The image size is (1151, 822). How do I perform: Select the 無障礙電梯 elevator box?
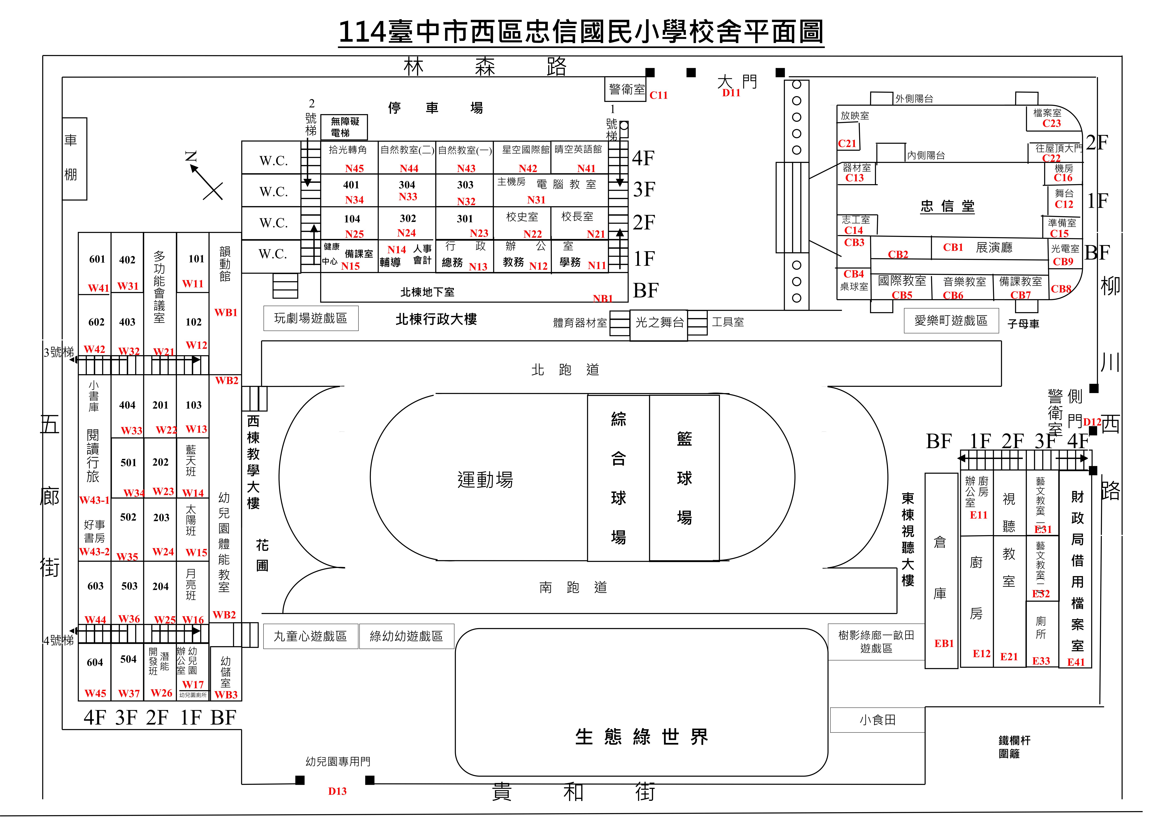(x=344, y=127)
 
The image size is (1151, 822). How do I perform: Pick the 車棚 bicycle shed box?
(x=74, y=158)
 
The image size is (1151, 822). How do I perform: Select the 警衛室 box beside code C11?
(x=626, y=90)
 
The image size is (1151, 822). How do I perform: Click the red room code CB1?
(x=953, y=248)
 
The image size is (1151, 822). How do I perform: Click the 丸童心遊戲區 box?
(x=310, y=636)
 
